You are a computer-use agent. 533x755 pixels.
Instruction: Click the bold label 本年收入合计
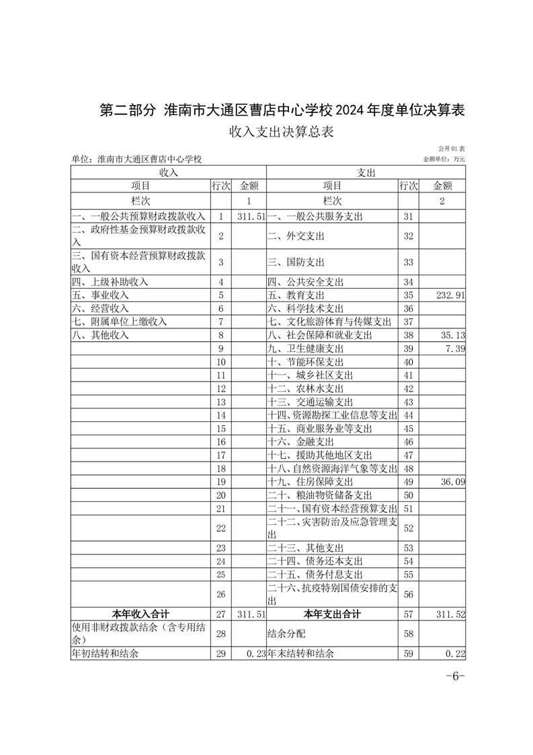tap(140, 614)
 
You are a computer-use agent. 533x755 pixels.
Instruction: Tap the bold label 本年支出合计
tap(332, 614)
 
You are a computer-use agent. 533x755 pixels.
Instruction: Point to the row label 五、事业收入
tap(100, 295)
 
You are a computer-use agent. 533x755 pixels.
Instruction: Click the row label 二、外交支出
tap(296, 236)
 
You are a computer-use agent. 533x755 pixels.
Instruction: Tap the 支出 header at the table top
tap(366, 172)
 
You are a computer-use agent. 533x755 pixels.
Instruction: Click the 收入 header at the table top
tap(168, 172)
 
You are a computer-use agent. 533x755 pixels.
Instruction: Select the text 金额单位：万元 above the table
tap(444, 159)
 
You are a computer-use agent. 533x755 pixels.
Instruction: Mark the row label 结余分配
tap(286, 634)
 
